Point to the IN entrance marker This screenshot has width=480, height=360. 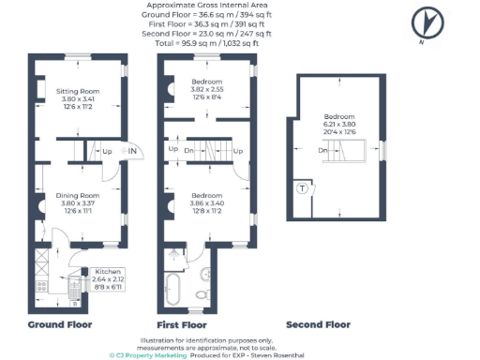[133, 151]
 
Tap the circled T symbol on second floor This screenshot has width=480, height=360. [302, 187]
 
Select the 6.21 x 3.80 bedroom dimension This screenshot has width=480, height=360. [340, 125]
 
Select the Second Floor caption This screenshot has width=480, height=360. [318, 325]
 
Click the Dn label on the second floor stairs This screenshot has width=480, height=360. [322, 150]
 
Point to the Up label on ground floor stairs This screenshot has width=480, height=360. [106, 151]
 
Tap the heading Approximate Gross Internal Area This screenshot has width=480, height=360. [203, 7]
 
